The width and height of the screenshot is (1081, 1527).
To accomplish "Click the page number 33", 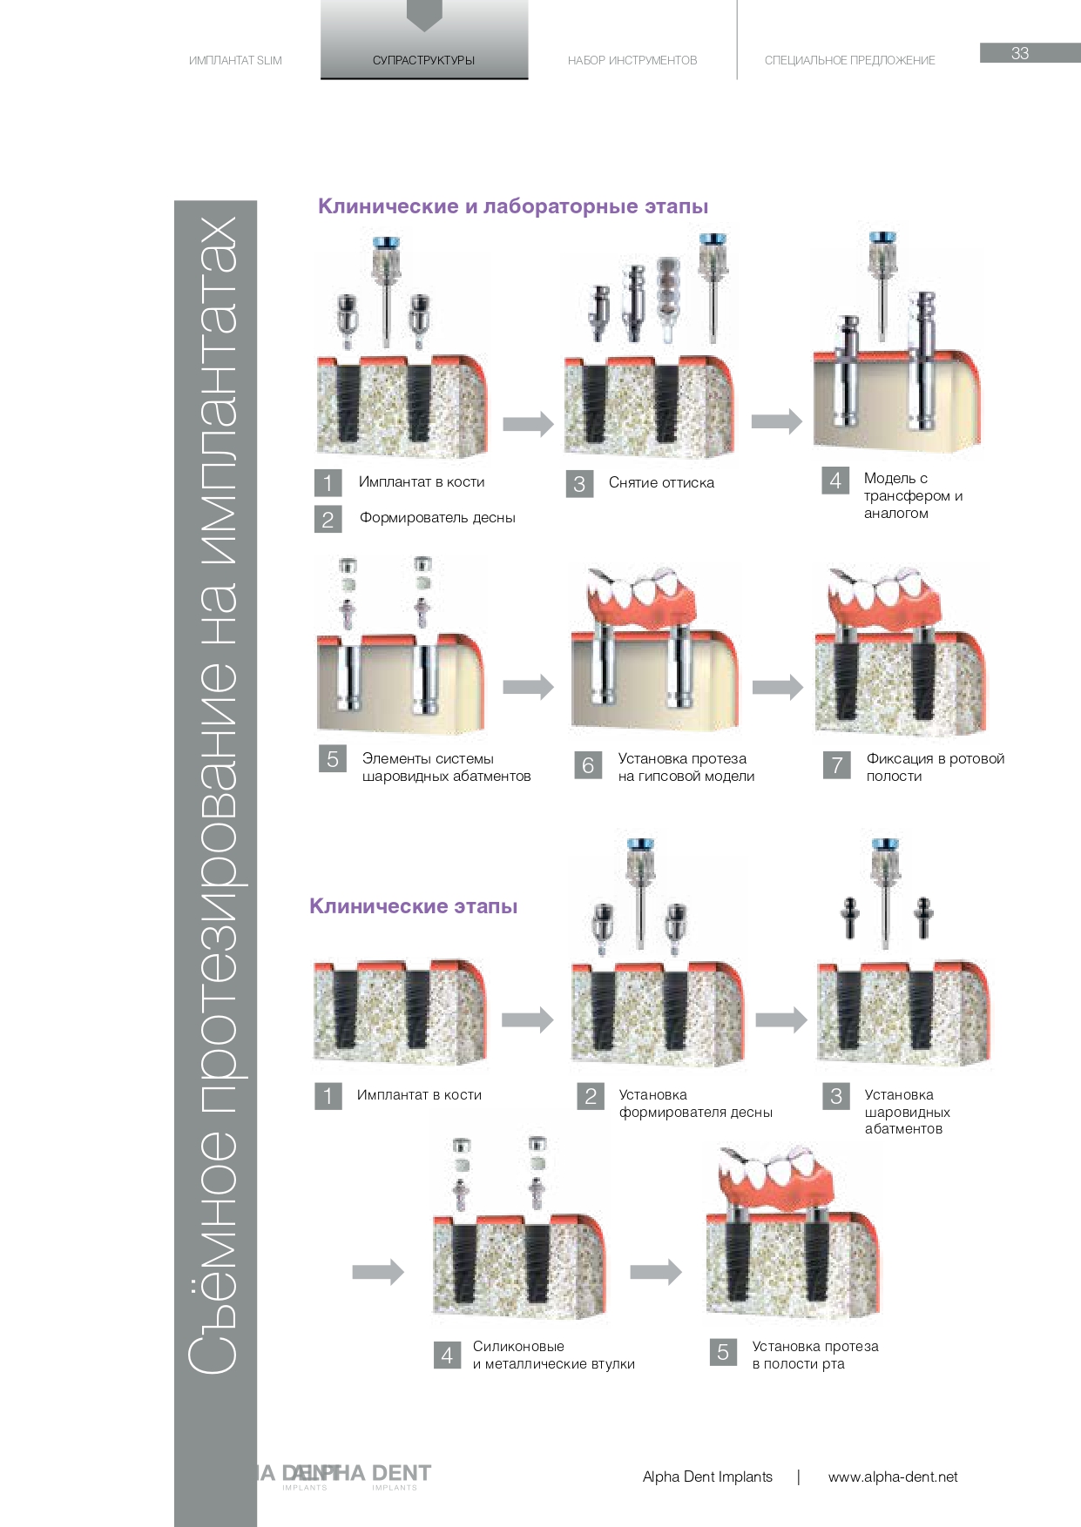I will [1020, 53].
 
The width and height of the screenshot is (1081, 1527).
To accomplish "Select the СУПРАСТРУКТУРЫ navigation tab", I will [423, 60].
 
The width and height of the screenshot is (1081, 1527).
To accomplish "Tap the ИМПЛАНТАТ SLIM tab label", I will [235, 60].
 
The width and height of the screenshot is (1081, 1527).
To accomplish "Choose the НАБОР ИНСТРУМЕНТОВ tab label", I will [632, 60].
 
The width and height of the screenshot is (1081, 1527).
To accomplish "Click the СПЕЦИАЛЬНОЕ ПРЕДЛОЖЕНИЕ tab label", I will [849, 60].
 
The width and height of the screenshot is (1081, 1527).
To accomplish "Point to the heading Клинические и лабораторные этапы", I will [513, 206].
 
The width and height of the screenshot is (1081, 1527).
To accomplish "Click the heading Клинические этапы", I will [414, 906].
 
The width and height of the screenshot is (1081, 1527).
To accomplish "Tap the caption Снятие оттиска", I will [661, 482].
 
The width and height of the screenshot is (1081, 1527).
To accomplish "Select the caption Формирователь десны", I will [437, 517].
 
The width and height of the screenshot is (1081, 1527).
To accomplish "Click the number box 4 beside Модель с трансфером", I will [835, 481].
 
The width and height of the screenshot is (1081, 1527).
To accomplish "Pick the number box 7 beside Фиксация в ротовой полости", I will [837, 765].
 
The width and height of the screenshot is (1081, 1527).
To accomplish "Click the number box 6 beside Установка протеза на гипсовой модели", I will [588, 765].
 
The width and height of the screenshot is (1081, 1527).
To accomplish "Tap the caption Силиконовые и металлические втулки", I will [553, 1355].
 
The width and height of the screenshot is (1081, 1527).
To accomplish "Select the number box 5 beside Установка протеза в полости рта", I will [723, 1352].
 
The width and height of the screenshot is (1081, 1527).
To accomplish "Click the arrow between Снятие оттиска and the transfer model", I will [776, 421].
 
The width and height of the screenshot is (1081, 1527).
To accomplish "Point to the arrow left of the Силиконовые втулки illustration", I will [377, 1272].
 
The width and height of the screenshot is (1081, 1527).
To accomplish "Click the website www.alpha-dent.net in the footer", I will [893, 1477].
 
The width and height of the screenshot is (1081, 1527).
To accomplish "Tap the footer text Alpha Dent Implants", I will [707, 1477].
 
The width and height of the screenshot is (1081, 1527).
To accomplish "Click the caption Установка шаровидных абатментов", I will [907, 1112].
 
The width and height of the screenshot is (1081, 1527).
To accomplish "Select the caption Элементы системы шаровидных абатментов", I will [446, 767].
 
